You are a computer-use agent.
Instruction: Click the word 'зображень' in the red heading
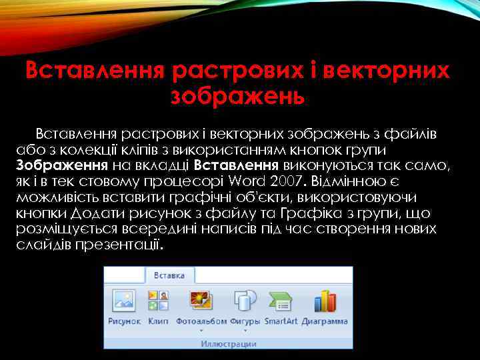pyautogui.click(x=238, y=97)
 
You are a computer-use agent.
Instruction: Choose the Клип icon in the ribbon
pyautogui.click(x=158, y=300)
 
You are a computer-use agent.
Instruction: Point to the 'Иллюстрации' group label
pyautogui.click(x=228, y=344)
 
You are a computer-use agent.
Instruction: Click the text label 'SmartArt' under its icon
pyautogui.click(x=280, y=321)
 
